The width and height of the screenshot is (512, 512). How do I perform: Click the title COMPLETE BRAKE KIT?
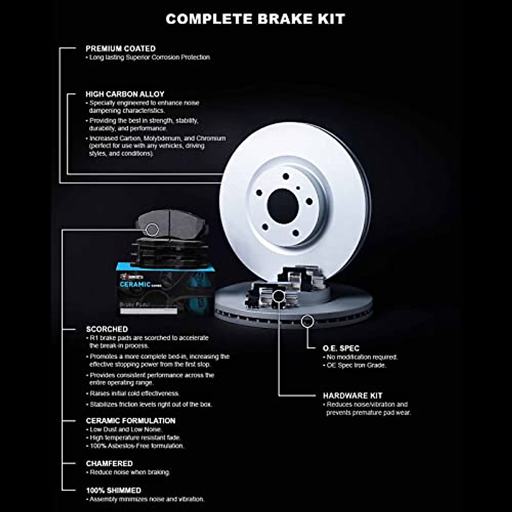click(255, 19)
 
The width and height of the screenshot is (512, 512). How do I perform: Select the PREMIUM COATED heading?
click(120, 49)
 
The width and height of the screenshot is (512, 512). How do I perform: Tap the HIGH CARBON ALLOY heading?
click(125, 94)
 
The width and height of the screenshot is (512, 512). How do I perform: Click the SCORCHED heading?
click(107, 329)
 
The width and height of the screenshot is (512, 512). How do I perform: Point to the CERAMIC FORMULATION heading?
click(131, 421)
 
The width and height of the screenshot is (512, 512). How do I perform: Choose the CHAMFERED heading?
click(109, 463)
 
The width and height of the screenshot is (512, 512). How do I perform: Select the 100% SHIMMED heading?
click(113, 490)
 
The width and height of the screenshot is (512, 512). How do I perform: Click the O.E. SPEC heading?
click(341, 348)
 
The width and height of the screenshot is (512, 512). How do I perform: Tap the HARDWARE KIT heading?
click(352, 396)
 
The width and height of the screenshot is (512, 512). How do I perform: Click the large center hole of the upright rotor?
click(282, 206)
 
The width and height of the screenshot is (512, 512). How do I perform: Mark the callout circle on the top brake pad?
click(152, 230)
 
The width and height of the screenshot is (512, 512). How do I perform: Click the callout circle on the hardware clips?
click(278, 296)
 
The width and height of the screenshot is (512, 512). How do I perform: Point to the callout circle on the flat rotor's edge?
click(307, 321)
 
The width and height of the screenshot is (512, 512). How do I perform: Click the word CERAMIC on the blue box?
click(135, 285)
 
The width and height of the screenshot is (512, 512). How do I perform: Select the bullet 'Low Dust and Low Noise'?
click(125, 430)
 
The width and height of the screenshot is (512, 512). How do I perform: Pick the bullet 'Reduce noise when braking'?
click(130, 472)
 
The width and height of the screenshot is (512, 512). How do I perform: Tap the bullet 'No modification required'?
click(362, 357)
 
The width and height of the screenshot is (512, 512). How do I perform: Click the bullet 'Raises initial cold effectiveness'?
click(134, 393)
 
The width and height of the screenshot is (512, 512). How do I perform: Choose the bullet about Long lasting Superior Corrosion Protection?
click(149, 57)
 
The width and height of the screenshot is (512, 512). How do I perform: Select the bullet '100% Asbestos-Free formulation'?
click(137, 446)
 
